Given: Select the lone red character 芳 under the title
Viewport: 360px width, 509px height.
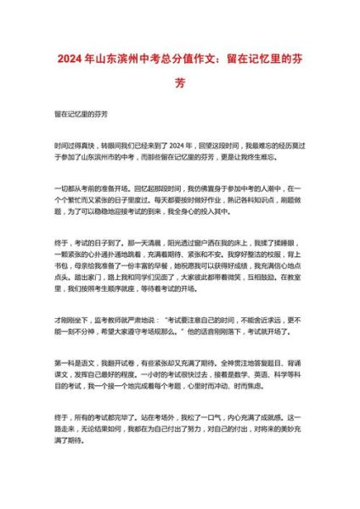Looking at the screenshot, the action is point(179,84).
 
